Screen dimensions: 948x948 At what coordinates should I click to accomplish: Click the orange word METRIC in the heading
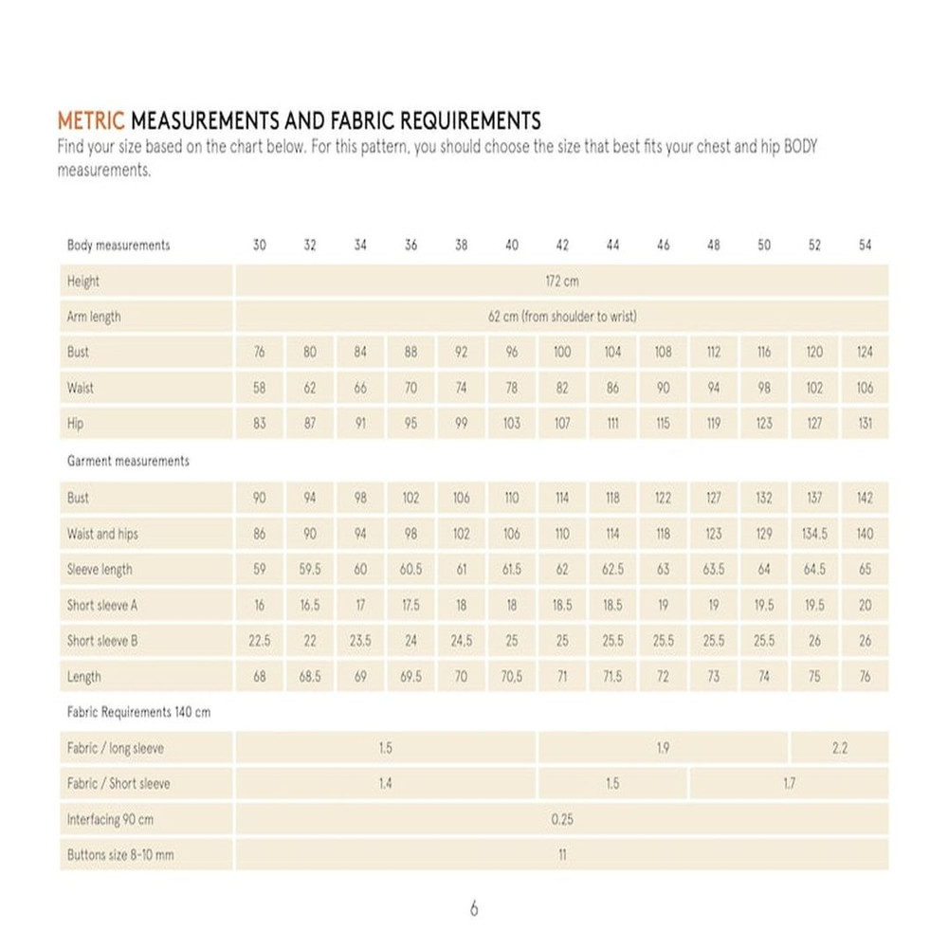point(91,121)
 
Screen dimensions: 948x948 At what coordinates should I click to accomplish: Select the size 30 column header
point(260,245)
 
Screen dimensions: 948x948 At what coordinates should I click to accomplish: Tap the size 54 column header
point(865,245)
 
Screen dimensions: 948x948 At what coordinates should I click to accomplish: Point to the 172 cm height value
point(562,282)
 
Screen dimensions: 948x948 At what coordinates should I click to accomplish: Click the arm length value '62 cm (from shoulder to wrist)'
point(562,317)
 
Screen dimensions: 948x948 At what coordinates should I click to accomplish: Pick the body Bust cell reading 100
point(562,352)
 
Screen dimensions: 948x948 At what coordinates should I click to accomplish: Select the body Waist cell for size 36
point(410,388)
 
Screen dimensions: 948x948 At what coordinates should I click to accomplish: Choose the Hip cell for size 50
point(764,424)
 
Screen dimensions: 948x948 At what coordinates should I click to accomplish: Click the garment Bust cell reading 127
point(714,498)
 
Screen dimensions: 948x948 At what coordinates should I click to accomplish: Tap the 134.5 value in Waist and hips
point(814,534)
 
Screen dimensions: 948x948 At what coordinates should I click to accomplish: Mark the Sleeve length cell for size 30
point(260,570)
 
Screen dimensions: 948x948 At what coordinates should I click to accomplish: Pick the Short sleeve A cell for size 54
point(865,605)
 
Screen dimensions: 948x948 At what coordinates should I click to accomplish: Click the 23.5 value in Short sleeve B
point(360,641)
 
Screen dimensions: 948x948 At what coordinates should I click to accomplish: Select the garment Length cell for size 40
point(512,677)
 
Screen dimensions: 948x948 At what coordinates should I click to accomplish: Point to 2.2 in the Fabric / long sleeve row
point(839,748)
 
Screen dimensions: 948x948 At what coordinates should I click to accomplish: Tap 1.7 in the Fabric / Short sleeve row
point(789,784)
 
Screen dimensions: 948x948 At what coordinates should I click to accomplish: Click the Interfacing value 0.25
point(562,819)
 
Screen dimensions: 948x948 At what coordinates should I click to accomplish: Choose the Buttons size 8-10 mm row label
point(120,855)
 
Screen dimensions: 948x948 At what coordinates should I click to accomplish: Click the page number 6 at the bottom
point(474,909)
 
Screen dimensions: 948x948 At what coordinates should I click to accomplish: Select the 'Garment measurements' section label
point(128,461)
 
